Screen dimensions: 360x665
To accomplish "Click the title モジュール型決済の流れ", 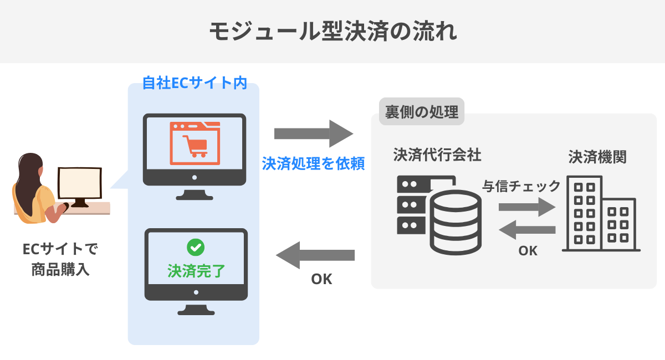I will click(332, 31).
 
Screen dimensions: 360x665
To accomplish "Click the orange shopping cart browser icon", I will click(195, 143).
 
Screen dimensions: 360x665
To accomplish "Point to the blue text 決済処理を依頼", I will click(313, 164).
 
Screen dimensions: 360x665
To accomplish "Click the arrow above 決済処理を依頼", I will click(313, 133).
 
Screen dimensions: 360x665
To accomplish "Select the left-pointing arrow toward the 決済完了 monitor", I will click(315, 255).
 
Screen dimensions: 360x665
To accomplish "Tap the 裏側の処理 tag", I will click(422, 112).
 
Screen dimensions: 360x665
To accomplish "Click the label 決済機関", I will click(597, 157).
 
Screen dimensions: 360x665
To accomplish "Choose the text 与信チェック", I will click(521, 186).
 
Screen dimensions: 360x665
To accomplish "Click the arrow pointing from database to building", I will click(526, 208).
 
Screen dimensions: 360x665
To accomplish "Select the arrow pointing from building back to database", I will click(527, 229).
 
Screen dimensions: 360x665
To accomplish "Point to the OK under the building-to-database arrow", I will click(528, 251).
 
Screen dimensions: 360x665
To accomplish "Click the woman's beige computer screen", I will click(80, 182).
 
